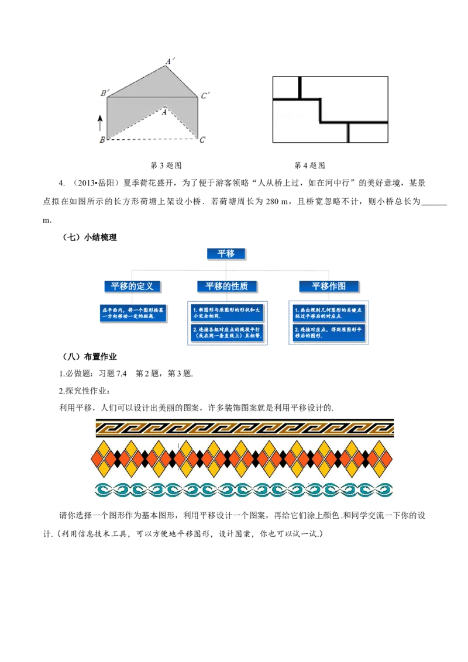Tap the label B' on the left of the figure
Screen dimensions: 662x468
point(103,93)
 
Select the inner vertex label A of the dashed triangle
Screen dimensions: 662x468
point(166,111)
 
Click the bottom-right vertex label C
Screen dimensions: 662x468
point(202,139)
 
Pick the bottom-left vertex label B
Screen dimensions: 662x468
point(102,139)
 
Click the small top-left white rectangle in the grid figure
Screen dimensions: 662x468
point(286,88)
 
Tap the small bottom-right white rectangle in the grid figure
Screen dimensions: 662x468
point(369,133)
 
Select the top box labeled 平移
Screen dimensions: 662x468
point(226,253)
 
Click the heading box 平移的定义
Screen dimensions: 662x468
point(132,286)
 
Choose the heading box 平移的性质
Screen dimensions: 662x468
point(226,286)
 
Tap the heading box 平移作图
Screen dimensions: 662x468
point(329,286)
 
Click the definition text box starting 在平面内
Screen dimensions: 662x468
point(133,312)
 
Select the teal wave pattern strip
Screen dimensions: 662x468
point(244,490)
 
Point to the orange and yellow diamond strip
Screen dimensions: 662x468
point(244,458)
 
